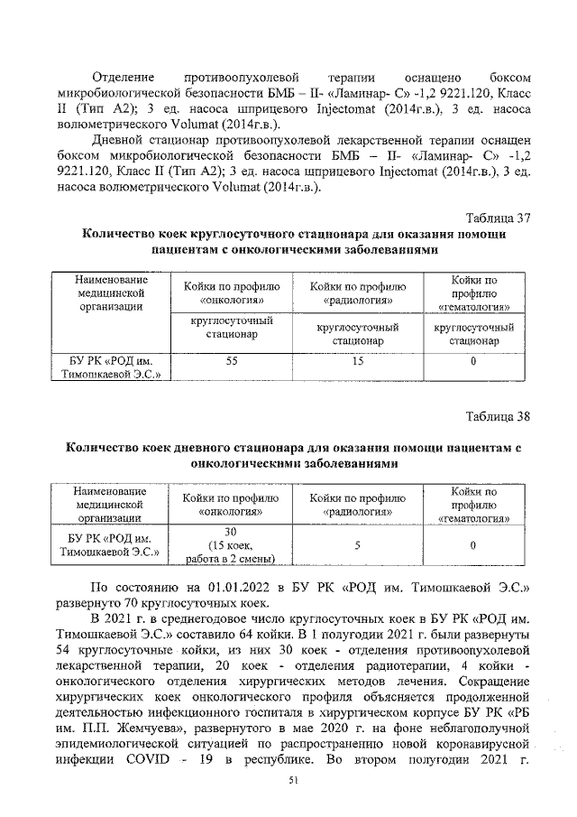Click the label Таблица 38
click(x=498, y=415)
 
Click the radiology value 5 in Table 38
click(x=358, y=545)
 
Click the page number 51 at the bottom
click(x=291, y=781)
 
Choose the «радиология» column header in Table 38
click(x=358, y=505)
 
